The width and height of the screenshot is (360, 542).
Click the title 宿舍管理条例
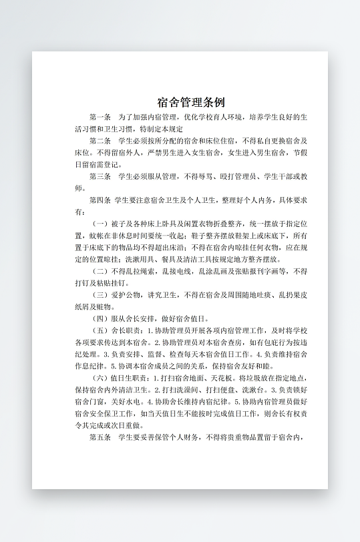(x=191, y=102)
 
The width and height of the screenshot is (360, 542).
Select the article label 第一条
(x=100, y=117)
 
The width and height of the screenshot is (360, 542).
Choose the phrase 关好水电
(x=129, y=402)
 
